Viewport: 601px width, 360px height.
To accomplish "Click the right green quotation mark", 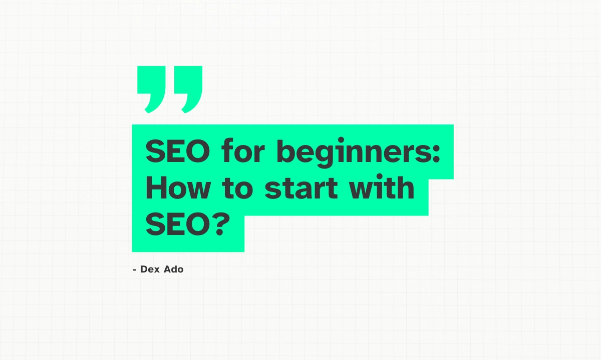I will tap(190, 88).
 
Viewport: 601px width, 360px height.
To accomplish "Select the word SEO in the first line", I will tap(177, 152).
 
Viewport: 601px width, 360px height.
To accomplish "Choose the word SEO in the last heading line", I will tap(177, 226).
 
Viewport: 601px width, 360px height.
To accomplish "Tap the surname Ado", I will tap(173, 269).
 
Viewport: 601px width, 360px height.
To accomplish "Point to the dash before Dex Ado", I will tap(134, 270).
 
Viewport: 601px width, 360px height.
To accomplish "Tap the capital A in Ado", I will tap(166, 269).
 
